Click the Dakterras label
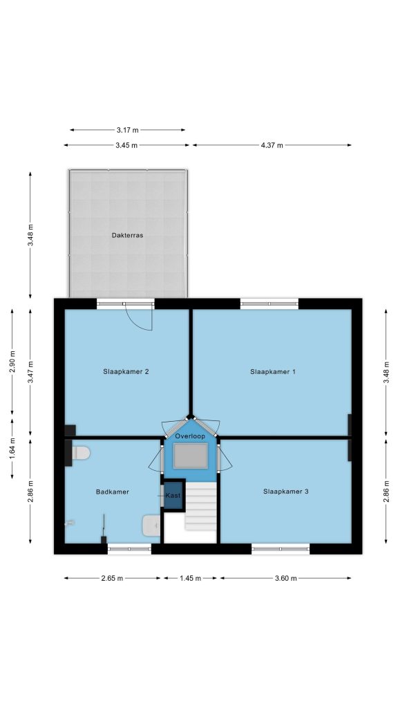click(127, 235)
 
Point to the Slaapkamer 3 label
click(285, 492)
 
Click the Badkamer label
click(113, 492)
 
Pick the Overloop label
click(190, 436)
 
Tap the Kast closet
click(173, 495)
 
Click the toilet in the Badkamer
click(81, 452)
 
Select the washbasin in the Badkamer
click(151, 525)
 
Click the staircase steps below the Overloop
click(201, 505)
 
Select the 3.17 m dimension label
click(128, 130)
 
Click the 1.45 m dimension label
click(190, 579)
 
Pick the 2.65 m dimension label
click(112, 579)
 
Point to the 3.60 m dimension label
click(285, 579)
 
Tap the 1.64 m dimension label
click(12, 448)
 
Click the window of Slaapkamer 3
click(281, 548)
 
